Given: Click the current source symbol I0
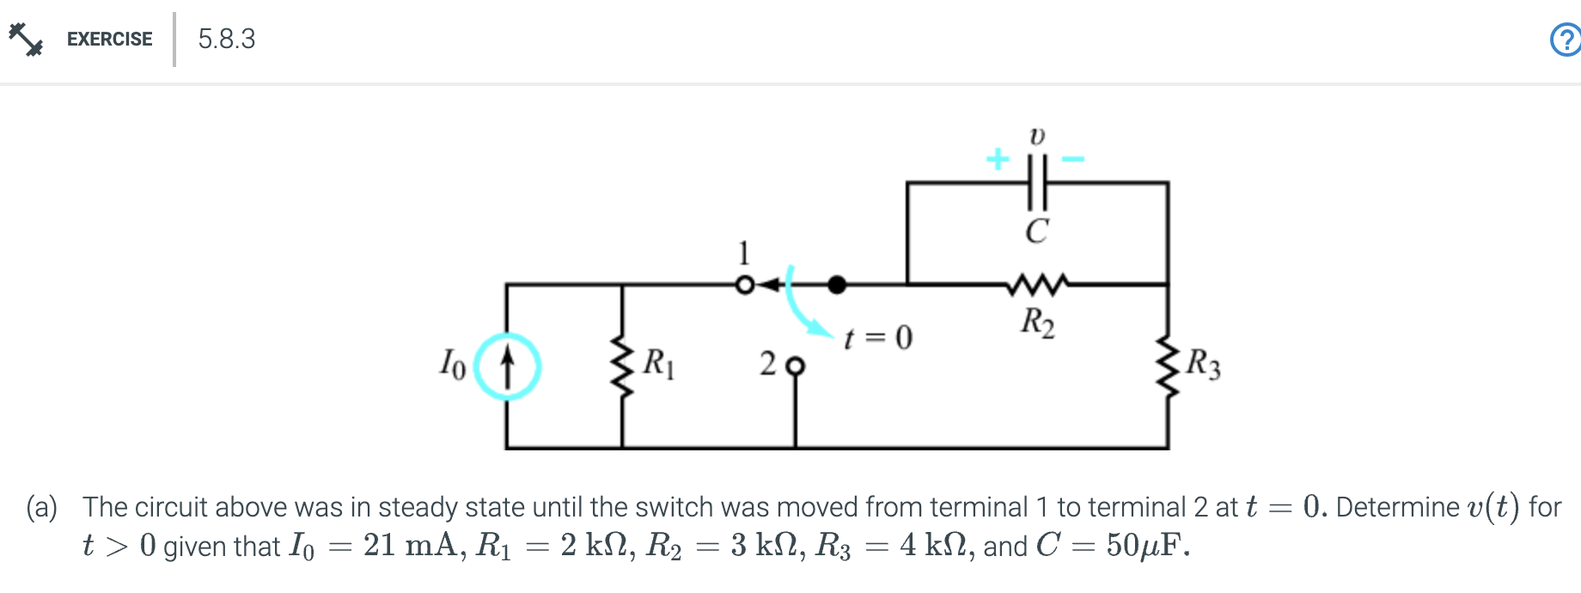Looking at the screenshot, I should [x=508, y=366].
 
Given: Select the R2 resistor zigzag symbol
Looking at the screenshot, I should [x=1038, y=284].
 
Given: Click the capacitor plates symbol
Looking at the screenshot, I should [x=1037, y=182].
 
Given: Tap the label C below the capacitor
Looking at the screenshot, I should [x=1037, y=231].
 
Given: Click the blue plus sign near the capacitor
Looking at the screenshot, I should [x=997, y=159].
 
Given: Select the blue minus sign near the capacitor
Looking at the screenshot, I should [x=1072, y=159].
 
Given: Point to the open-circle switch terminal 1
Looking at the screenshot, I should [x=745, y=284].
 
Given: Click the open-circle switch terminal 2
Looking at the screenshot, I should [x=796, y=366].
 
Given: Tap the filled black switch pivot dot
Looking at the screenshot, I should [x=836, y=284].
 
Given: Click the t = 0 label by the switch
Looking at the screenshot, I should [x=877, y=337].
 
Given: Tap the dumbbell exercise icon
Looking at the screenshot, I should [x=26, y=39].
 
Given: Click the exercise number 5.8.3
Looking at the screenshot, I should [x=226, y=40].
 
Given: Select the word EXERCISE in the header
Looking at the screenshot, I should [x=109, y=40].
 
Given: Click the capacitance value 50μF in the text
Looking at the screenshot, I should [x=1147, y=546].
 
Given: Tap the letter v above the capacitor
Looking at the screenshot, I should [x=1037, y=136].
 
